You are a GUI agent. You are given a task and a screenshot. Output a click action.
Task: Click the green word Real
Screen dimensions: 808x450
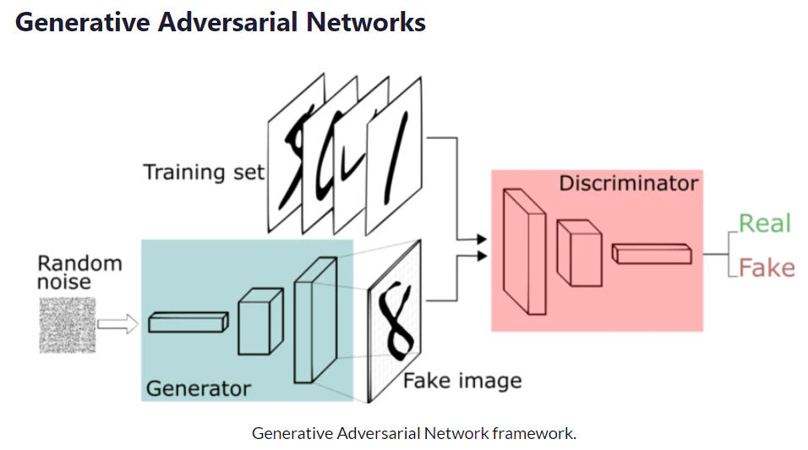click(x=764, y=223)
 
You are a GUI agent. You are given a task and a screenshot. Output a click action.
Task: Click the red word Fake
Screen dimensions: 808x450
click(x=767, y=268)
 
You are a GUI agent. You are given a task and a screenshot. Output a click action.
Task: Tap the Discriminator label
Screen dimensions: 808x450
click(x=629, y=183)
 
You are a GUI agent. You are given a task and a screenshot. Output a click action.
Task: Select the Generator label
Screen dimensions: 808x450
click(x=199, y=388)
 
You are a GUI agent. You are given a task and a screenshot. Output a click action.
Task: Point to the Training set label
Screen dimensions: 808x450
click(x=204, y=173)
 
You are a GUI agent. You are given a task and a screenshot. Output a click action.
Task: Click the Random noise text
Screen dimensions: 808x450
click(x=80, y=272)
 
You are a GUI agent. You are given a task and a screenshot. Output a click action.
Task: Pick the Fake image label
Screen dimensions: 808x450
click(x=462, y=381)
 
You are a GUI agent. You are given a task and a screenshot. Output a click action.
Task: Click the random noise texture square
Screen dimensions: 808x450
click(x=68, y=326)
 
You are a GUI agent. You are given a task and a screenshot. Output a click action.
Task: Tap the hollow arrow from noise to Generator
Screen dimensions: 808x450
click(x=118, y=324)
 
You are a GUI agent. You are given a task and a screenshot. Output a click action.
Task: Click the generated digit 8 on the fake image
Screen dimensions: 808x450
click(x=396, y=321)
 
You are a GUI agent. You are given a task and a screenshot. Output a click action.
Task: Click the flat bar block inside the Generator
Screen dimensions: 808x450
click(x=188, y=322)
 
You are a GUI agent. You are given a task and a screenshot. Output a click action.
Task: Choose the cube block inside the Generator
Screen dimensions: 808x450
click(x=260, y=321)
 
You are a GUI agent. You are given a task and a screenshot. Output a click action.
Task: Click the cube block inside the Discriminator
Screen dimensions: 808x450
click(x=580, y=253)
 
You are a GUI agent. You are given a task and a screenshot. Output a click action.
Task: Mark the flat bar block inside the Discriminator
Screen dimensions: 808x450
click(x=652, y=254)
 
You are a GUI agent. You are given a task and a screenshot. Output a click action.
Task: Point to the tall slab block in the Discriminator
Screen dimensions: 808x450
click(x=525, y=251)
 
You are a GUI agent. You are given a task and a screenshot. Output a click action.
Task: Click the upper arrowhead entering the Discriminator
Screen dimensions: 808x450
click(x=482, y=239)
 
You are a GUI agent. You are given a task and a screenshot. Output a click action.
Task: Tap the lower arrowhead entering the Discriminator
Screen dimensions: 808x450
click(x=482, y=255)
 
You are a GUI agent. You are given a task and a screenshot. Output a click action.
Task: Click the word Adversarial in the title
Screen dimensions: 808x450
click(x=227, y=22)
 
